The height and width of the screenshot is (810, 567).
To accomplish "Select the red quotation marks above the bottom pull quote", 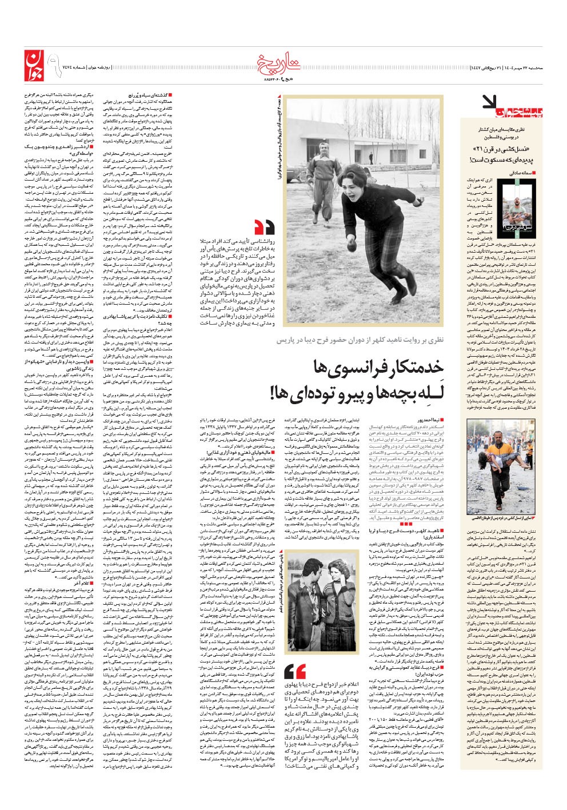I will click(294, 672).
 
